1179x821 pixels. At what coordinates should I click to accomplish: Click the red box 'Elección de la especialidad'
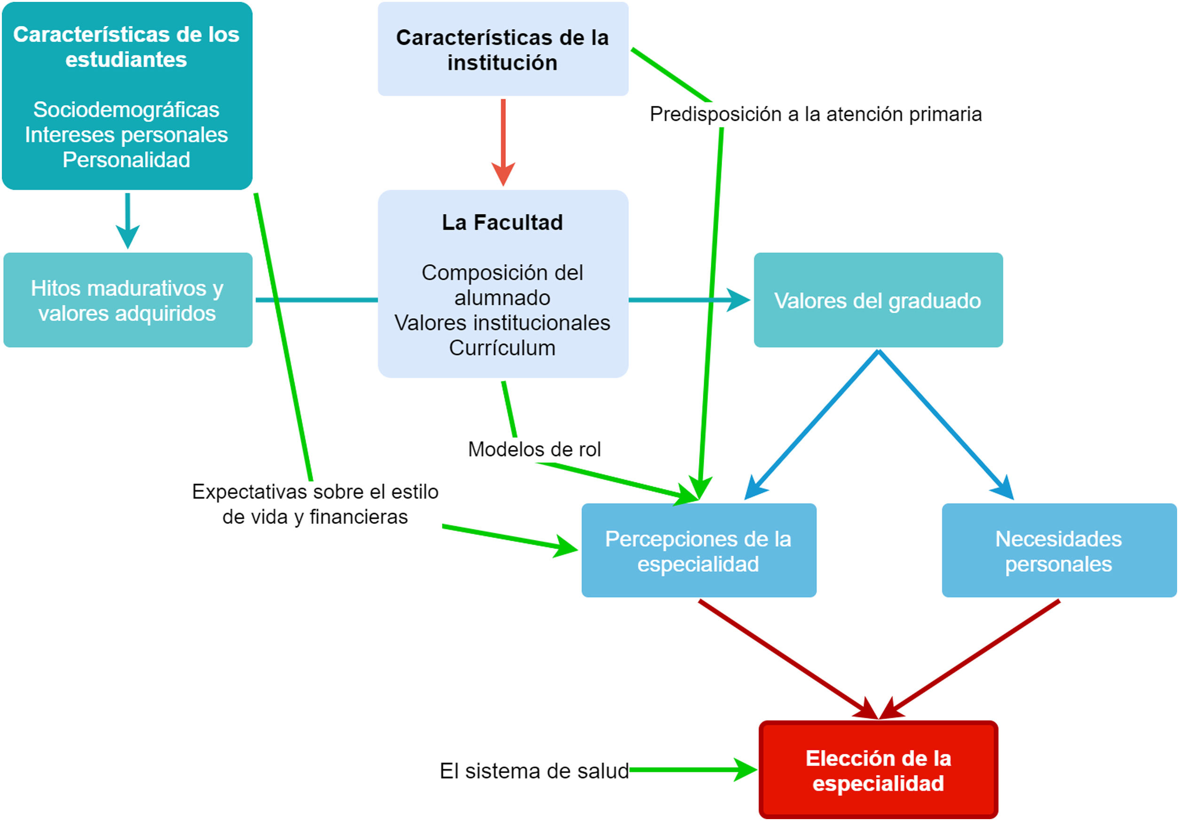[878, 770]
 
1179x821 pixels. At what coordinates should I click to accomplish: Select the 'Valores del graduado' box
[878, 300]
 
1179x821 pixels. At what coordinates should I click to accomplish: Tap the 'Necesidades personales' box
[1059, 551]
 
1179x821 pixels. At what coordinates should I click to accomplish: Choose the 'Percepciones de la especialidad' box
[699, 551]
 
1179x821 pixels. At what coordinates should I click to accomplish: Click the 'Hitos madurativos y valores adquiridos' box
[127, 300]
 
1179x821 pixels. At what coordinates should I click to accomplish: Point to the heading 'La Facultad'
[502, 222]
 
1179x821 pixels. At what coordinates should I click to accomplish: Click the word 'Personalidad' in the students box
[126, 160]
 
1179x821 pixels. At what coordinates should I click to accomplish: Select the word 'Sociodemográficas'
[126, 110]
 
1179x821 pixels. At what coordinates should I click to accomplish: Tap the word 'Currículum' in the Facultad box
[502, 348]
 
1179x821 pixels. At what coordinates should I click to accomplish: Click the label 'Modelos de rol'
[534, 449]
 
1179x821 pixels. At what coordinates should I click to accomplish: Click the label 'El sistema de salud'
[534, 771]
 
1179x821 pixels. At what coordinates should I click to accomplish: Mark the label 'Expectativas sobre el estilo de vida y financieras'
[315, 504]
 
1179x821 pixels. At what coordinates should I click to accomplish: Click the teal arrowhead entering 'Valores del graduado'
[739, 300]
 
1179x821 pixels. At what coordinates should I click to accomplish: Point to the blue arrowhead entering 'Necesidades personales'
[1005, 488]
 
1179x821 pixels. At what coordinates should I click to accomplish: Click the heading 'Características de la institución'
[502, 50]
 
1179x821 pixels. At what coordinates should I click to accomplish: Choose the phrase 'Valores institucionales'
[502, 323]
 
